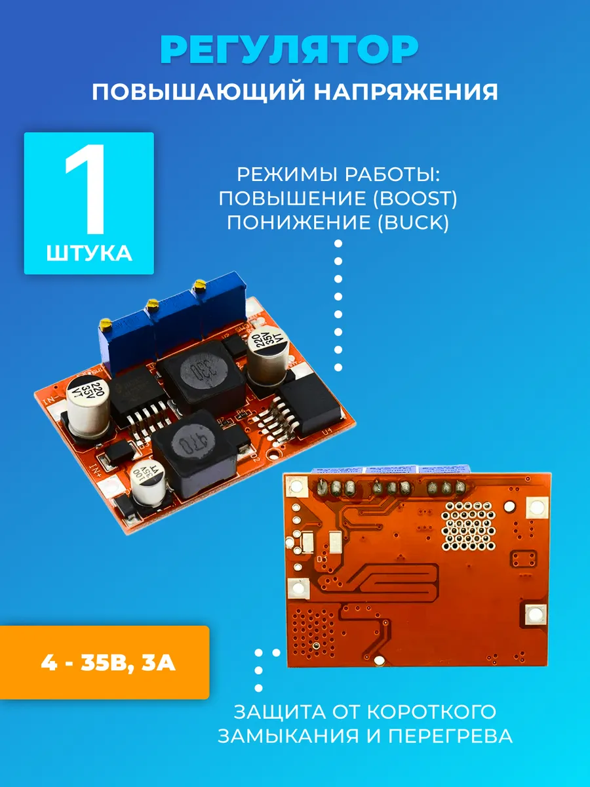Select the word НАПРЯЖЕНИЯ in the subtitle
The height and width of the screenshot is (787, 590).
406,92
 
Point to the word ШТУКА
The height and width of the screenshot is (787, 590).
89,254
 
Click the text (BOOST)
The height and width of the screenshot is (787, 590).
415,199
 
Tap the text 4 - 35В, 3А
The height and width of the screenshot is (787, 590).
108,663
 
